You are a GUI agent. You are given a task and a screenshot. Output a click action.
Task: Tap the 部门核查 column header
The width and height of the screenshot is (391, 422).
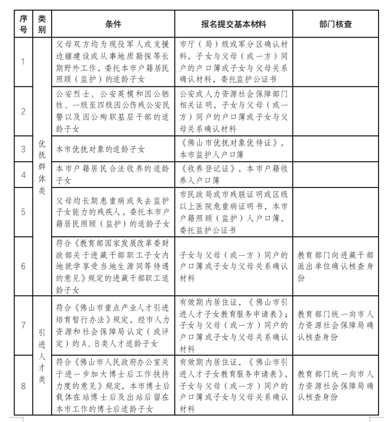coord(336,24)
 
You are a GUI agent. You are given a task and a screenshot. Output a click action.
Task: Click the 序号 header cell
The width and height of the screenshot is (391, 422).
coord(23,24)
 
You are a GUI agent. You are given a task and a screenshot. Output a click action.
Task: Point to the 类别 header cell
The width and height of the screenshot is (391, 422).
coord(42,24)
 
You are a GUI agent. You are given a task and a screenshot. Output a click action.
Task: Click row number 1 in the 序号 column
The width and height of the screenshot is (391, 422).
coord(23,61)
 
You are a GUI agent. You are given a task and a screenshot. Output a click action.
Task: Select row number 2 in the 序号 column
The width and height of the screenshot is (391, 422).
coord(23,111)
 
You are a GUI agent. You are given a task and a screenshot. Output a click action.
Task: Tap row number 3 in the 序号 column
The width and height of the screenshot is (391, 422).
coord(23,148)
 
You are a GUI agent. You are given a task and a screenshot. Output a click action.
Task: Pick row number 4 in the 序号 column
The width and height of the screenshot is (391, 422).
coord(23,175)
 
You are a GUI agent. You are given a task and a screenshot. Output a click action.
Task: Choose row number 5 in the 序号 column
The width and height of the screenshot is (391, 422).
coord(23,212)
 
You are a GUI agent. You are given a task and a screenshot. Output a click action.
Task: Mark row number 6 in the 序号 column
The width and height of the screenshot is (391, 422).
coord(23,266)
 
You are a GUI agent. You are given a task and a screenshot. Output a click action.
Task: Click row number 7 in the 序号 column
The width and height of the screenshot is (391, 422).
coord(23,326)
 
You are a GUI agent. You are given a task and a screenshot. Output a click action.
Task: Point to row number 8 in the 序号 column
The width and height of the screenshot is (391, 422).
coord(23,386)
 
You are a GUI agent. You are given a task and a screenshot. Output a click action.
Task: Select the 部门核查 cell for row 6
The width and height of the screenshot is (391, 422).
coord(335,266)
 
